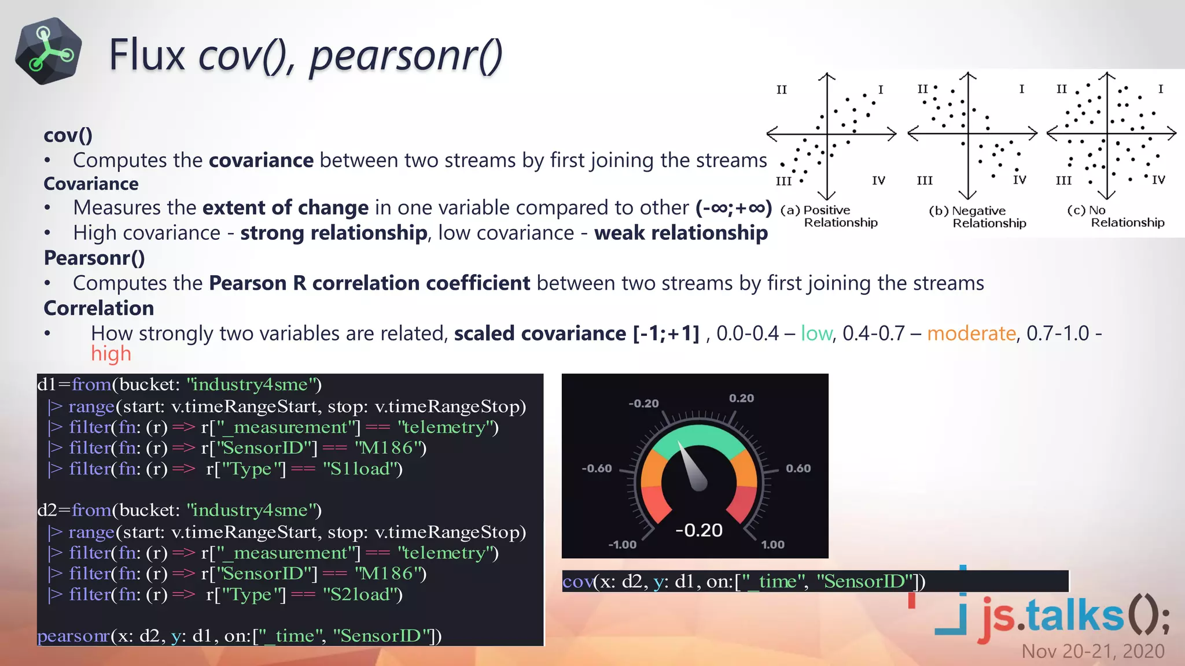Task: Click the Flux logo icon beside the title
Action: coord(49,51)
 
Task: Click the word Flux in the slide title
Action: coord(146,55)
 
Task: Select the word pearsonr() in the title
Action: coord(406,57)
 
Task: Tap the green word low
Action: coord(816,334)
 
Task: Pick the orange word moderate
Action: coord(971,334)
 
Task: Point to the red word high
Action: coord(111,354)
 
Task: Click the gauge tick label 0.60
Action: coord(798,468)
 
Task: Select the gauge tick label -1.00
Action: coord(622,545)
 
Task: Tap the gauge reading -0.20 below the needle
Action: coord(699,530)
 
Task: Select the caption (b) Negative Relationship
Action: coord(978,217)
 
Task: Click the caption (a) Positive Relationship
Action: coord(829,216)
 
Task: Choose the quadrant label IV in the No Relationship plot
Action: coord(1158,180)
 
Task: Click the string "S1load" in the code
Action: coord(363,469)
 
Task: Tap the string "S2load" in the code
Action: coord(363,594)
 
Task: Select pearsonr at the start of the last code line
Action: coord(73,636)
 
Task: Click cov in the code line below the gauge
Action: coord(577,582)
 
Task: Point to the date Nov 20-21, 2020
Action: coord(1092,651)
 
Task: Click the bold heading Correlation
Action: coord(99,308)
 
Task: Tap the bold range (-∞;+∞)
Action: coord(734,208)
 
